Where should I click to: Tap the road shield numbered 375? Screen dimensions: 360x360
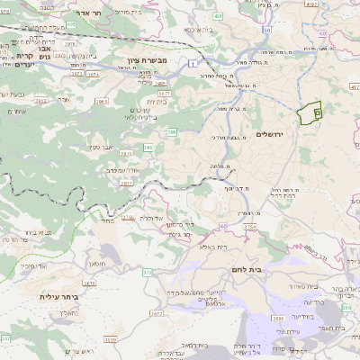(148, 271)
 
